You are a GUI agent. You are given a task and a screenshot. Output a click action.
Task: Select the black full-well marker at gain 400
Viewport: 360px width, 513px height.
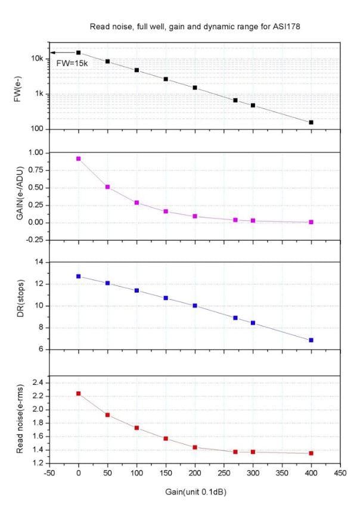(x=311, y=122)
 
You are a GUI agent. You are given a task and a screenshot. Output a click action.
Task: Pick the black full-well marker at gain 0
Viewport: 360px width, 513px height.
(x=78, y=52)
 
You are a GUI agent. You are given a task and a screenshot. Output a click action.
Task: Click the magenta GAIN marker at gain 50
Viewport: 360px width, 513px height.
(x=107, y=187)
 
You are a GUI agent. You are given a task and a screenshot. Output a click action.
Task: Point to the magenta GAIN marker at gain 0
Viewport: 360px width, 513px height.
(x=78, y=158)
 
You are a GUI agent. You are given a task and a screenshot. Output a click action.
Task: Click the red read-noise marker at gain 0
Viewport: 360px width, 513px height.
(x=78, y=393)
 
